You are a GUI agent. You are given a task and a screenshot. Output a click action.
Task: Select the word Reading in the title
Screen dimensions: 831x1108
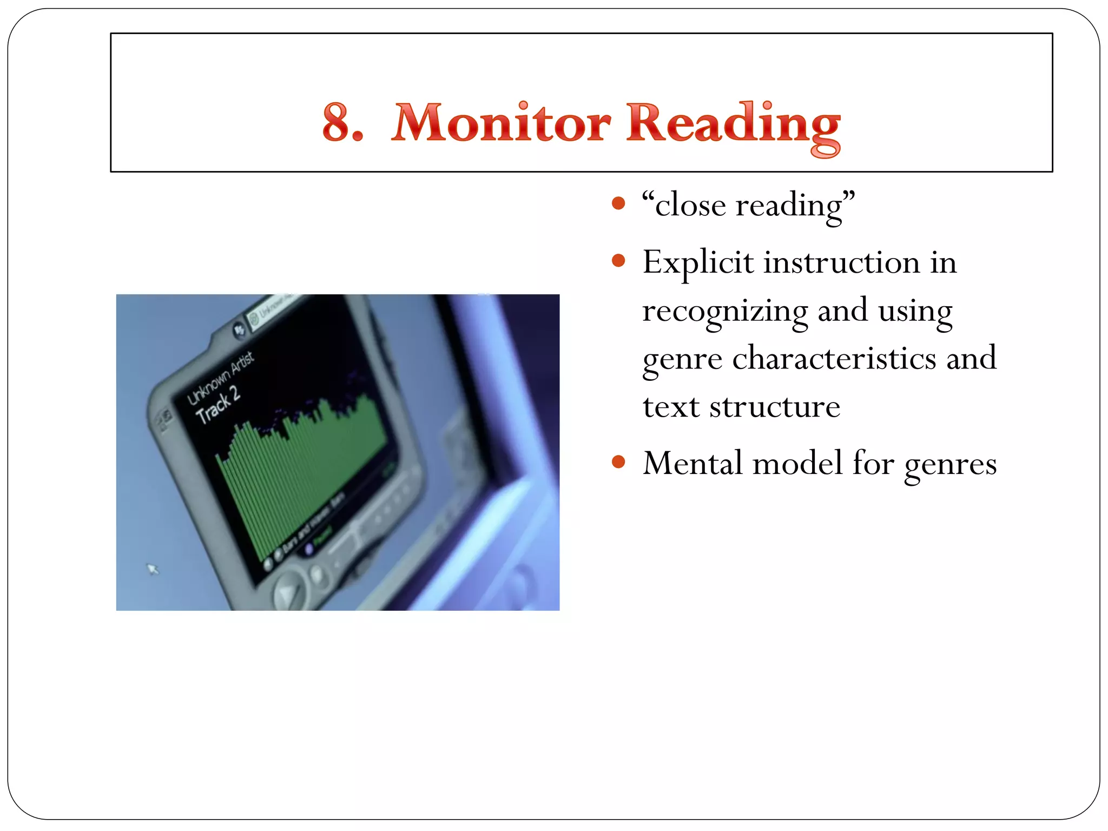[733, 126]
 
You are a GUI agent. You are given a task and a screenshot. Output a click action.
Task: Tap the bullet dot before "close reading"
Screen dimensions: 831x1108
[618, 204]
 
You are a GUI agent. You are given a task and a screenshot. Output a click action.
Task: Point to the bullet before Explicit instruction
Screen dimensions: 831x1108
[618, 261]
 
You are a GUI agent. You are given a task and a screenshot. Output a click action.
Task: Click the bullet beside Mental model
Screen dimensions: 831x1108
[618, 463]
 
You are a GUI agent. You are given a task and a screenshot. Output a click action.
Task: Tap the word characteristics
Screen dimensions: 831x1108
[834, 359]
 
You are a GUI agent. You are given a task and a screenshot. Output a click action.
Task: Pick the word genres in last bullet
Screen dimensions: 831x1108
[950, 465]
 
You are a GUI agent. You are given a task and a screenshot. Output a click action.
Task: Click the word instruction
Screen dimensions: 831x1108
[842, 263]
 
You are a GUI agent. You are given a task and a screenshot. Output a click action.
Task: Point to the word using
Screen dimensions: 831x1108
[915, 312]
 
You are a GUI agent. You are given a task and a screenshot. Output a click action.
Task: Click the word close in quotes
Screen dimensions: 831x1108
[690, 206]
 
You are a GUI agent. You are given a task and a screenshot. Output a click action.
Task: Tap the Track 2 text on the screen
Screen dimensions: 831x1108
[217, 405]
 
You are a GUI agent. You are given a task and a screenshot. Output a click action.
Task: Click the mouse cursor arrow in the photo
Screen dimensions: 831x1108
[153, 569]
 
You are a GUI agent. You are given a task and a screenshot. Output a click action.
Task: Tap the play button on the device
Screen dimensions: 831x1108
[287, 592]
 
